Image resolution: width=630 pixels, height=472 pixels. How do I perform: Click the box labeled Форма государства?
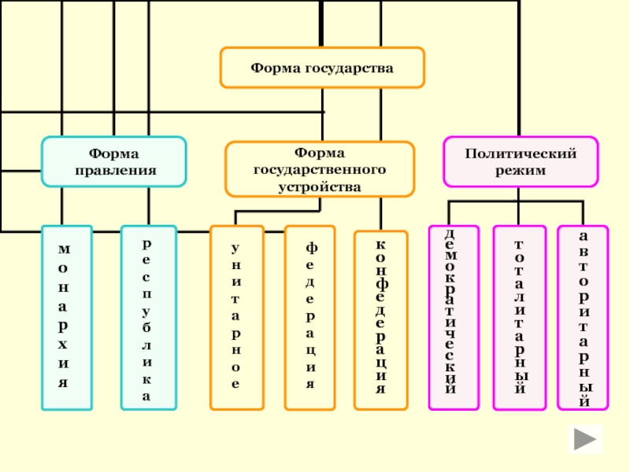coord(322,68)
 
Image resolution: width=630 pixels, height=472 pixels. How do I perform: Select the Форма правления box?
coord(114,161)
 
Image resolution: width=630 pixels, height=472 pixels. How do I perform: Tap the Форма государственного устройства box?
coord(320,169)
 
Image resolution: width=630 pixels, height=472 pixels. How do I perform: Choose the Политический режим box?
coord(521,161)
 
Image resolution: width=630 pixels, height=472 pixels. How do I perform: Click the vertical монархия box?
coord(66,318)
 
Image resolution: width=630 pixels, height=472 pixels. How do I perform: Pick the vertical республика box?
coord(148,318)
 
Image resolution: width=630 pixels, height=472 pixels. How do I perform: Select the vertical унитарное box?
coord(235,318)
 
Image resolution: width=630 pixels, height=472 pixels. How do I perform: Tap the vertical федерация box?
coord(309,318)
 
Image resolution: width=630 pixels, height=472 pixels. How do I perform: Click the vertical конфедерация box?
coord(381,320)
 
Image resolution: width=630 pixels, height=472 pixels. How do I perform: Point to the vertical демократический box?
coord(453,318)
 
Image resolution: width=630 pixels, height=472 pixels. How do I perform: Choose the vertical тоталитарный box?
coord(519,318)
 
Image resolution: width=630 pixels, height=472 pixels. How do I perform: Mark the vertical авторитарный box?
coord(583,318)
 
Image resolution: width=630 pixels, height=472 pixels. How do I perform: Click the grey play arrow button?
coord(584,440)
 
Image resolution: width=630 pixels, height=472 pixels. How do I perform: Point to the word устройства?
coord(320,186)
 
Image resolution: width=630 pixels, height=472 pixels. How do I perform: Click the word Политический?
coord(521,153)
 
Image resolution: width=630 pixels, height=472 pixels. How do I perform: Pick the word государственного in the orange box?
coord(320,169)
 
